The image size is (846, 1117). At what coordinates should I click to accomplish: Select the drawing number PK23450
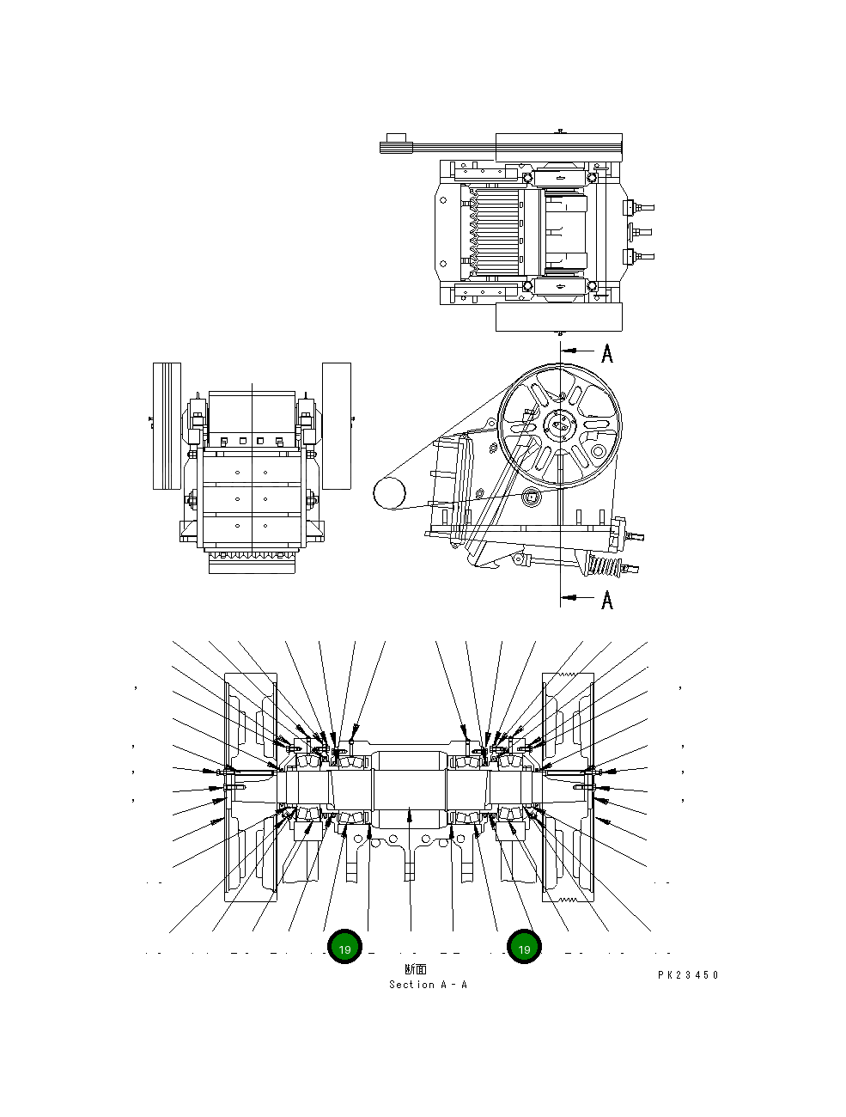point(688,975)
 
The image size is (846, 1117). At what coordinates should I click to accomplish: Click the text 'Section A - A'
point(428,985)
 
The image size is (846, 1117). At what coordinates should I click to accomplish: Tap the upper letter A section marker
point(607,353)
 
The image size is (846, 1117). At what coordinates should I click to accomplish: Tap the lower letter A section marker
point(607,600)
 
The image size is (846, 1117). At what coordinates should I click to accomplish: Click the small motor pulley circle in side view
point(388,492)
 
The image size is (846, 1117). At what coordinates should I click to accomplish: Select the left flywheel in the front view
point(167,426)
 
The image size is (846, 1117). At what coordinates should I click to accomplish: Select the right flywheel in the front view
point(337,426)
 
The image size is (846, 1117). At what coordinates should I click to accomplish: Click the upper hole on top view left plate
point(443,199)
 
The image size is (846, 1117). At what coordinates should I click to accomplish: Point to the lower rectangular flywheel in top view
point(558,317)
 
